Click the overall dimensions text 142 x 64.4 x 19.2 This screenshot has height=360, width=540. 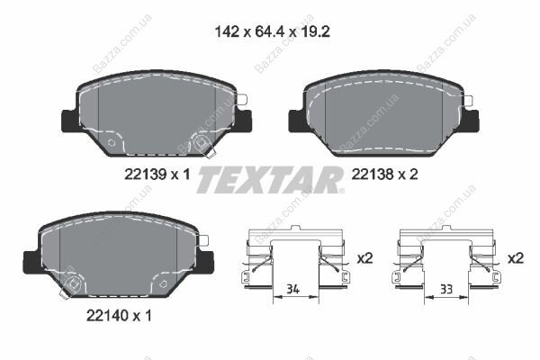[x=272, y=31]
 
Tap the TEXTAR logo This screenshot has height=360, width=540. [x=270, y=179]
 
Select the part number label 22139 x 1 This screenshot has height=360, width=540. [x=157, y=175]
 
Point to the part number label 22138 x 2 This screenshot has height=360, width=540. [x=384, y=175]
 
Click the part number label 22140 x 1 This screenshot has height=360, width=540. [x=119, y=315]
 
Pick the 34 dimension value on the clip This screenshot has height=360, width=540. [x=292, y=289]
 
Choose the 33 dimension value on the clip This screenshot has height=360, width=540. [x=446, y=289]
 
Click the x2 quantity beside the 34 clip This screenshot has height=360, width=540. [x=364, y=257]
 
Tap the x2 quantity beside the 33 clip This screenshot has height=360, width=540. [x=516, y=257]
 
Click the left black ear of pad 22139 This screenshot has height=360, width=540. [x=70, y=121]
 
